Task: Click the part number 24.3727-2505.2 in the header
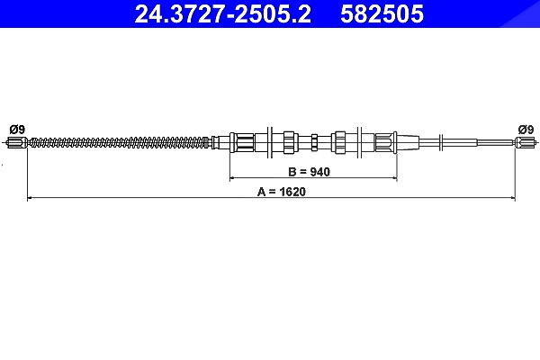(222, 13)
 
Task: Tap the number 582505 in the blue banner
(382, 13)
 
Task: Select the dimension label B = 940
(309, 172)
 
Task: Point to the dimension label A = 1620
(282, 192)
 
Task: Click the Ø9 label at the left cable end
(17, 130)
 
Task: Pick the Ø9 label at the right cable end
(526, 130)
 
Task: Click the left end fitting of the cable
(16, 142)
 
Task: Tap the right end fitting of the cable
(526, 142)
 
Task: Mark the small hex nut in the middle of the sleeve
(314, 142)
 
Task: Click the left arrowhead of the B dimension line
(232, 178)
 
